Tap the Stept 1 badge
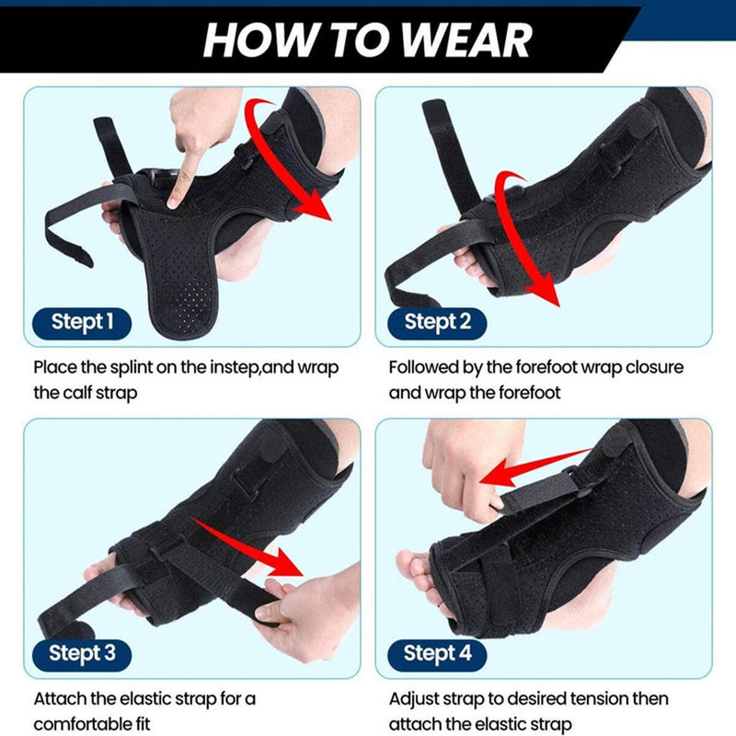(x=83, y=322)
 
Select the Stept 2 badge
(x=437, y=322)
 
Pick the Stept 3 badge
(x=83, y=653)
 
